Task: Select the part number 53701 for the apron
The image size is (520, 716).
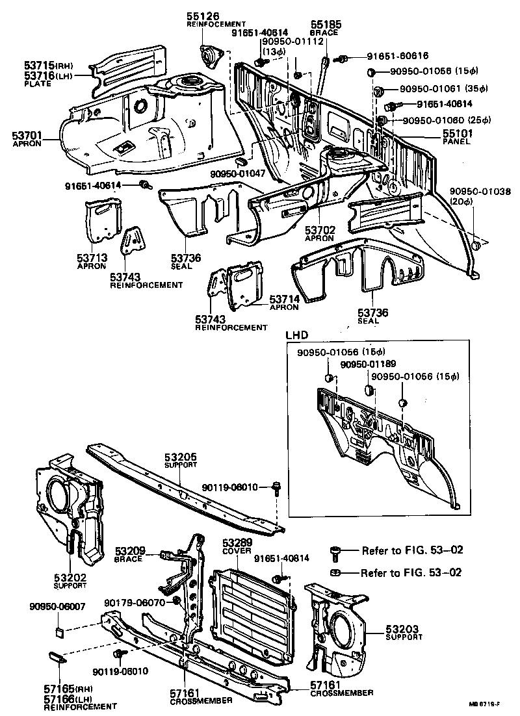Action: [x=27, y=135]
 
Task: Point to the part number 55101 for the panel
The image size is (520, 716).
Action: [x=439, y=133]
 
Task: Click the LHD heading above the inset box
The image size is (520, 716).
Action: [x=296, y=335]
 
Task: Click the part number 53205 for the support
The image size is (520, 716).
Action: [x=180, y=457]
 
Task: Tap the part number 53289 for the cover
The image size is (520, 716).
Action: [x=236, y=542]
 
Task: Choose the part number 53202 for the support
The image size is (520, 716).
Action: [x=70, y=577]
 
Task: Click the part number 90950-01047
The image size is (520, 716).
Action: [x=238, y=175]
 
